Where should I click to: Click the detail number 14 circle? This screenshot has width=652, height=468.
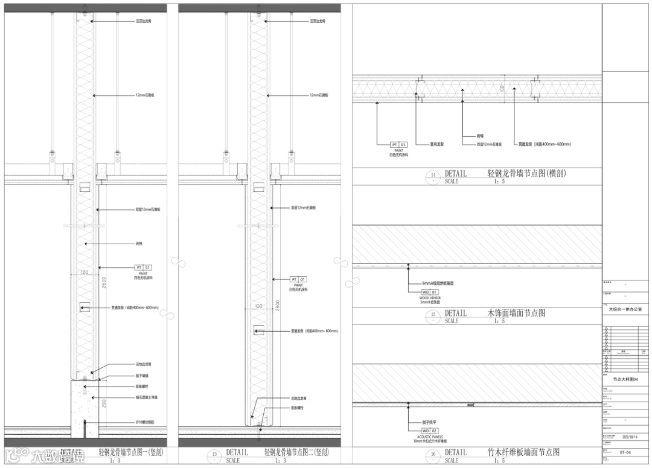tap(433, 177)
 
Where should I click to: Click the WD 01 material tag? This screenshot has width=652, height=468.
tap(430, 292)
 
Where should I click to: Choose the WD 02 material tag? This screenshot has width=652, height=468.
tap(430, 431)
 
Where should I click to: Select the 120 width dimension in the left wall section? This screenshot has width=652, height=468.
tap(85, 273)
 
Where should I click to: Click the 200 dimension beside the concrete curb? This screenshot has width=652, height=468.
tap(104, 402)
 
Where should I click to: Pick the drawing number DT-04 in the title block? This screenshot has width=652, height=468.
tap(625, 451)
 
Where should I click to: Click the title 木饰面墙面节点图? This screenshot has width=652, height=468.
tap(516, 314)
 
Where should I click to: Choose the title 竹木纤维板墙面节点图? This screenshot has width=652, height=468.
tap(523, 452)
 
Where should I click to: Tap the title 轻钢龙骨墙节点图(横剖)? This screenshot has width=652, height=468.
tap(526, 174)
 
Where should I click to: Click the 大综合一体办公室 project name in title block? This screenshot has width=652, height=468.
tap(625, 309)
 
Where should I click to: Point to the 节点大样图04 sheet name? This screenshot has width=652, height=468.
tap(617, 378)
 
